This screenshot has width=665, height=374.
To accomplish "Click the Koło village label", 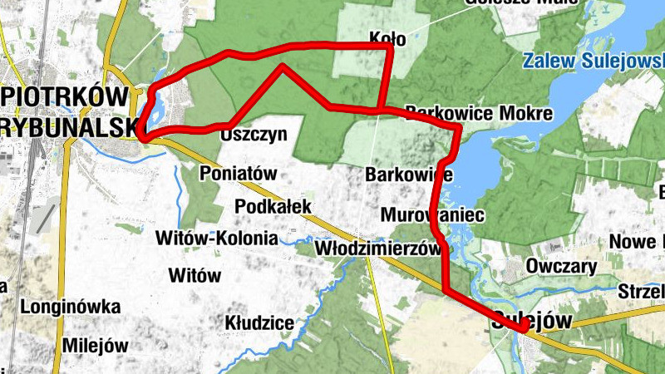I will click(x=387, y=37).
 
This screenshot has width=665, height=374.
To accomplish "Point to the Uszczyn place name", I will click(x=254, y=134).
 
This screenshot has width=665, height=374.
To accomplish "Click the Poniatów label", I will click(x=238, y=174).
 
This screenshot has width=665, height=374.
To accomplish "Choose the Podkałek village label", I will click(x=273, y=206).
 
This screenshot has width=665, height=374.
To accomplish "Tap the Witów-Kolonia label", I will click(x=217, y=239).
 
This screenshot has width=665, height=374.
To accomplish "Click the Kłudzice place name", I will click(x=259, y=322).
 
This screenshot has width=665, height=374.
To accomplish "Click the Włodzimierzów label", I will click(x=377, y=249).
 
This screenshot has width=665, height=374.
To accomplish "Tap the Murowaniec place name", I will click(x=432, y=215).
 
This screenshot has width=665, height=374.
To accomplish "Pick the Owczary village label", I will click(x=561, y=267).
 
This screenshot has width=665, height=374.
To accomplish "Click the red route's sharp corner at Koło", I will click(x=389, y=47).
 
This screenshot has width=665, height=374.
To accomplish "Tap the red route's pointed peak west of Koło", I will click(x=283, y=66).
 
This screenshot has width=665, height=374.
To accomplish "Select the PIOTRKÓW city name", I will click(x=62, y=96).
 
